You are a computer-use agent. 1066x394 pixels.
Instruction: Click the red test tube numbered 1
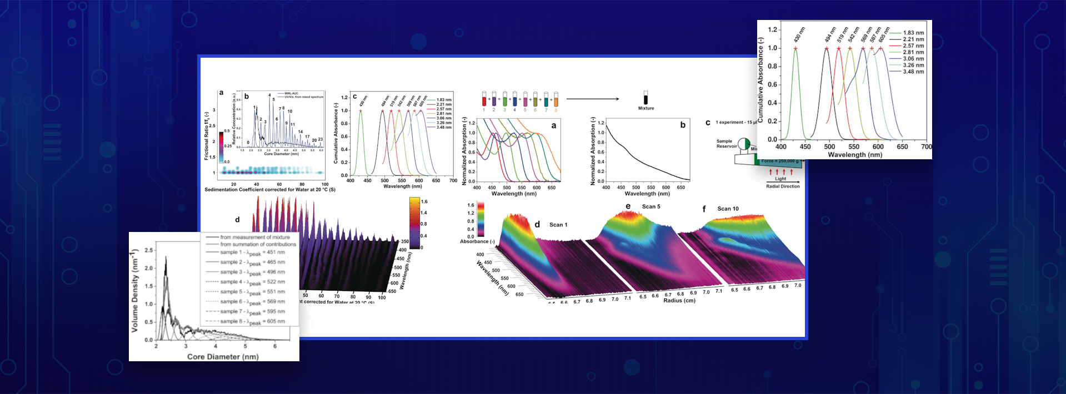click(x=484, y=100)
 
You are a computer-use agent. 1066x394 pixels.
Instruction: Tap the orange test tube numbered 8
click(x=555, y=100)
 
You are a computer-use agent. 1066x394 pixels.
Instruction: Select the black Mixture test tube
click(x=645, y=98)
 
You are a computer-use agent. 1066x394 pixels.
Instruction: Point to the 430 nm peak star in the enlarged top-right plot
click(x=795, y=49)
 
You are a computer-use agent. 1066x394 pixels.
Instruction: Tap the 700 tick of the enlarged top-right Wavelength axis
click(x=926, y=147)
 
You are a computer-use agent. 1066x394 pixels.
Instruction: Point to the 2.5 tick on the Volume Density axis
click(x=148, y=250)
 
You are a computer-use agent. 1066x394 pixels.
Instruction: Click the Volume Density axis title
click(x=134, y=291)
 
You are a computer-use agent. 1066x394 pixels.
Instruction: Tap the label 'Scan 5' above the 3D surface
click(x=651, y=206)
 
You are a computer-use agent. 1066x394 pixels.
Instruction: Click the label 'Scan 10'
click(x=728, y=209)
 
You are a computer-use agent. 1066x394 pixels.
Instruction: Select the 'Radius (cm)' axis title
click(x=679, y=301)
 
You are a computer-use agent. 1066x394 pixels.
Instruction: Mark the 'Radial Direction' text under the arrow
click(x=783, y=186)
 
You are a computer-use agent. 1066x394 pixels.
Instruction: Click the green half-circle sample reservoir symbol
click(x=745, y=147)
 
